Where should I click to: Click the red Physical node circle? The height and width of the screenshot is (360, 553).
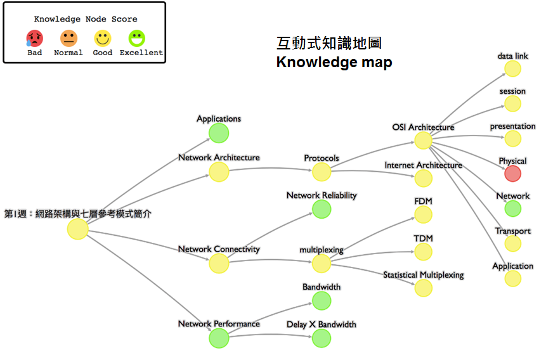coord(512,173)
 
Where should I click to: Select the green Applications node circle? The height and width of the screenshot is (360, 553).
coord(219,133)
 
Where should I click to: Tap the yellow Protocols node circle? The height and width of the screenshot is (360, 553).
coord(322,172)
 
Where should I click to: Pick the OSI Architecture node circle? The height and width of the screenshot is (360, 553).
coord(423,140)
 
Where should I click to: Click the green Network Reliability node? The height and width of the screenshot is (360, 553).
coord(322,209)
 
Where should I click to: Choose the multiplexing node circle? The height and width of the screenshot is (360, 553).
coord(322,263)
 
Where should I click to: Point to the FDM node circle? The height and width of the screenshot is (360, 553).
coord(423,214)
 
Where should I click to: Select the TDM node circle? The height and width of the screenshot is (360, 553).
coord(423,251)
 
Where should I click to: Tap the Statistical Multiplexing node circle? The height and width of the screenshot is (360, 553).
coord(423,288)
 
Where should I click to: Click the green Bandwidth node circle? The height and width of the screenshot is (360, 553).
coord(322,300)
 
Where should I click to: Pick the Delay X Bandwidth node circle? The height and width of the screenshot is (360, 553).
coord(322,338)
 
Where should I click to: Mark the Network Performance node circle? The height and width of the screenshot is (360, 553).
coord(219,338)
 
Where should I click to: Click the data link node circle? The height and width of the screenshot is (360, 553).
coord(512,68)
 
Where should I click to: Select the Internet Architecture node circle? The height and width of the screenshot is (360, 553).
coord(423,178)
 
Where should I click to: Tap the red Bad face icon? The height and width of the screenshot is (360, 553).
coord(35,39)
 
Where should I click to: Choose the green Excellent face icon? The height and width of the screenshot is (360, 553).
coord(136,39)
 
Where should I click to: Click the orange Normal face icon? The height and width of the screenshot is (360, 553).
coord(68,39)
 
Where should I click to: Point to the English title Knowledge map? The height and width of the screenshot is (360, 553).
coord(334,62)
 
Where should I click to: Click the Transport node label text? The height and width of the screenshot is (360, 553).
coord(513,231)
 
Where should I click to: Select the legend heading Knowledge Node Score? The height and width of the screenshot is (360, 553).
coord(86,19)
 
